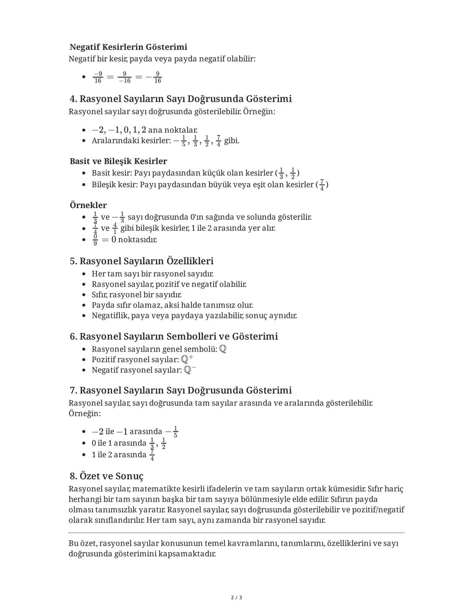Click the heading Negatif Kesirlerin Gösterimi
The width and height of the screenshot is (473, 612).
tap(128, 47)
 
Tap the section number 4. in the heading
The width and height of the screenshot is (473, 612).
tap(74, 99)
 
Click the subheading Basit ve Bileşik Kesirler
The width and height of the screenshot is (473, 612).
tap(118, 161)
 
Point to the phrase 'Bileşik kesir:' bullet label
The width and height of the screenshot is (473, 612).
tap(115, 184)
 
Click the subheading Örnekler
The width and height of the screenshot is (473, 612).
tap(88, 205)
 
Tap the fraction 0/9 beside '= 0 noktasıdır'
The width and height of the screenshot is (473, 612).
tap(95, 240)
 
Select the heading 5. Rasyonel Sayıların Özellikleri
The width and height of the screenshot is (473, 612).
tap(141, 261)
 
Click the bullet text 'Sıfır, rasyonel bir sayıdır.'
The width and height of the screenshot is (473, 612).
tap(137, 294)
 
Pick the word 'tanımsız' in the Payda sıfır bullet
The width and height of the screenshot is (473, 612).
tap(220, 305)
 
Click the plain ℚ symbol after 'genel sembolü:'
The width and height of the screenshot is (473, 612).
tap(223, 349)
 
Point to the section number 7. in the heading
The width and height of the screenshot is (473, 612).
tap(74, 390)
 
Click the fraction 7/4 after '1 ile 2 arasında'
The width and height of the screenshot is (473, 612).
tap(152, 455)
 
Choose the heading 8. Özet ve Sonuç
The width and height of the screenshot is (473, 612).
tap(106, 476)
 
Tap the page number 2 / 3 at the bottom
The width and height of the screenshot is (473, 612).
tap(236, 598)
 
